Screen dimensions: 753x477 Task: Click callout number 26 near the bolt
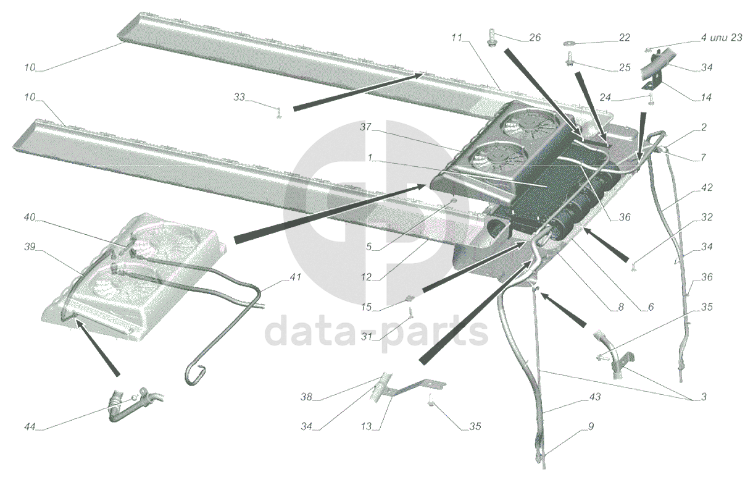pos(535,38)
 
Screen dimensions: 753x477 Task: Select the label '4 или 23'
pos(717,37)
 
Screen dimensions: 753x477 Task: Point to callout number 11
pos(457,38)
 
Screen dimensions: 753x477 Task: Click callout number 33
pos(239,98)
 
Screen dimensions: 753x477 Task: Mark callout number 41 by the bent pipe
pos(295,277)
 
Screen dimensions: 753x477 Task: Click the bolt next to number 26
pos(493,36)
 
